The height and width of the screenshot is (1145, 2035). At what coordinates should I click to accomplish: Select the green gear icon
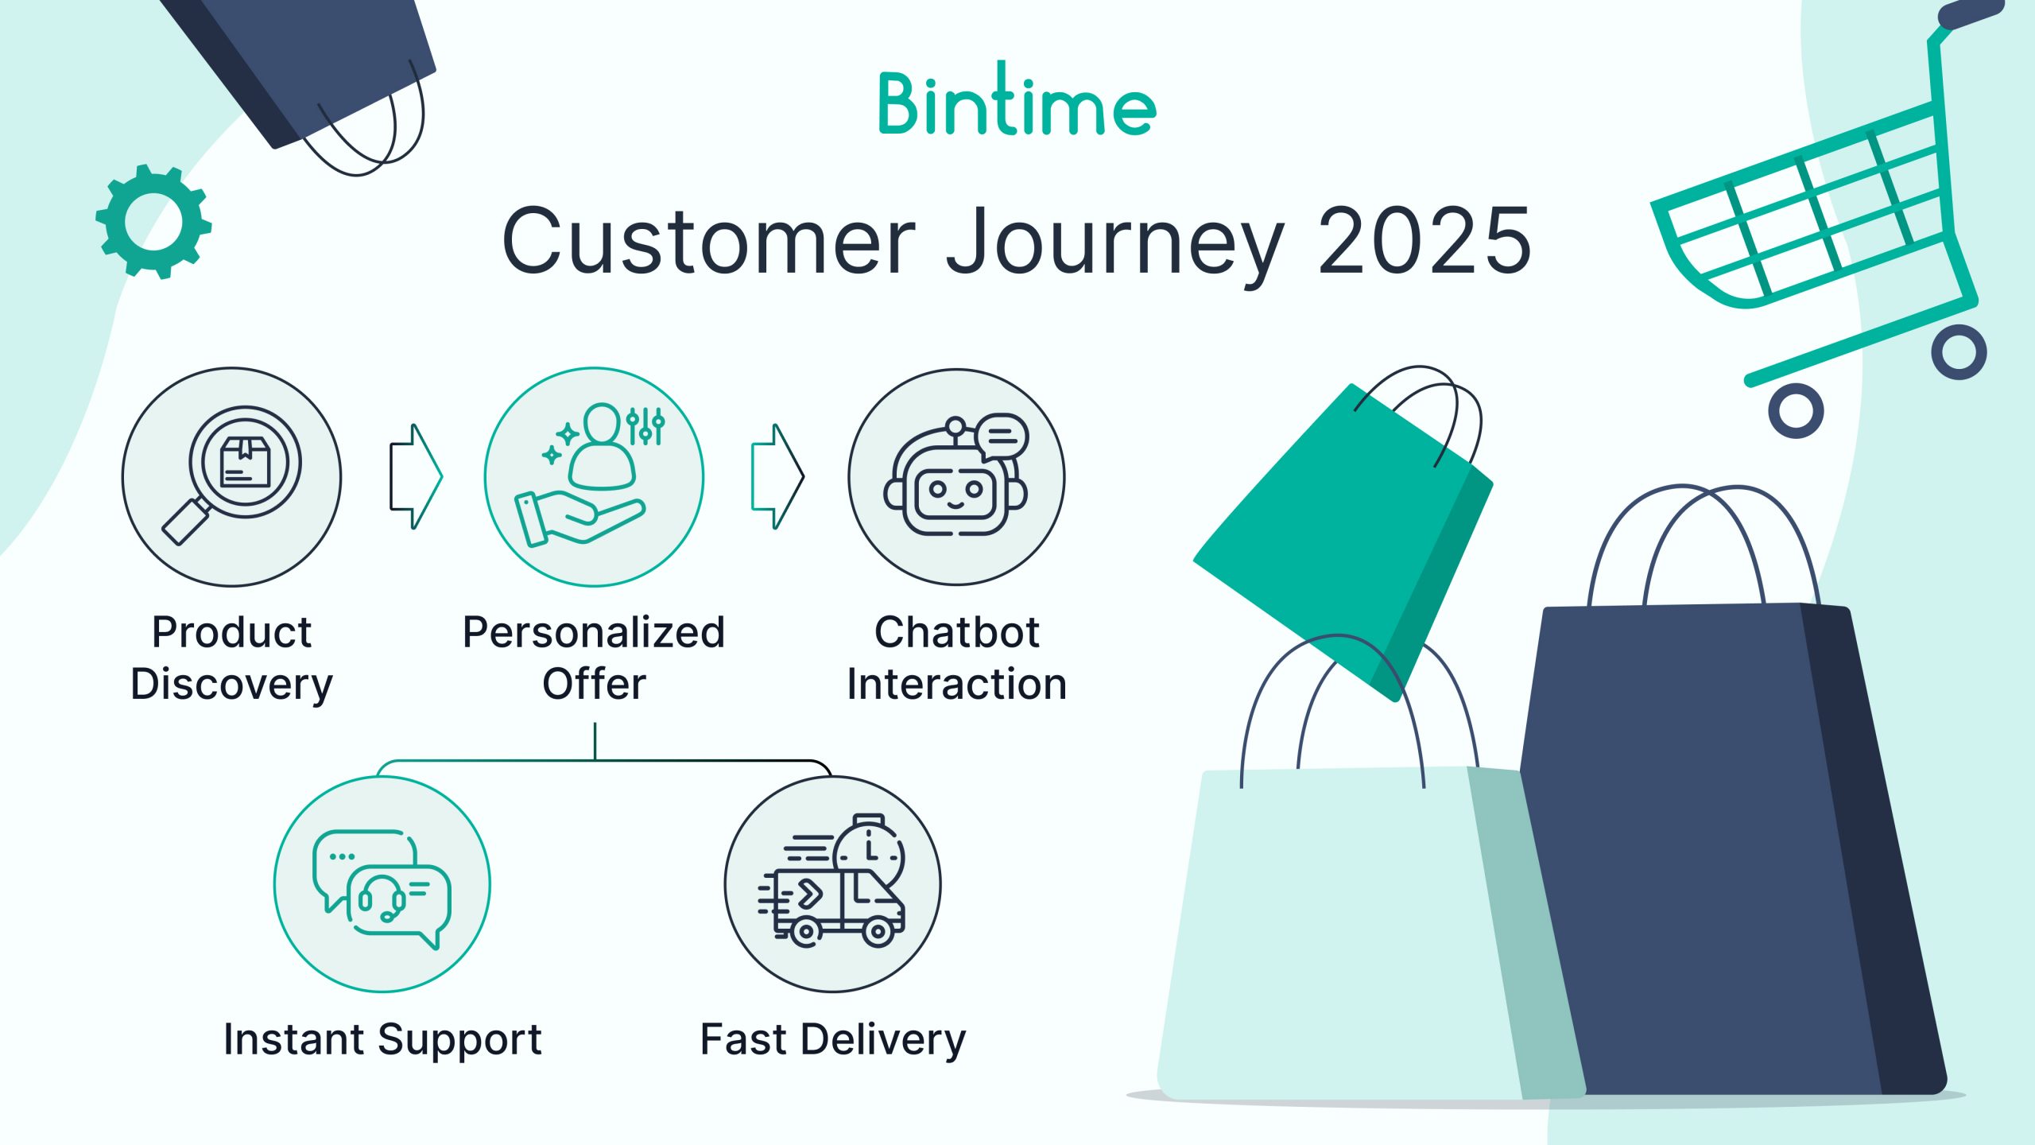click(x=153, y=222)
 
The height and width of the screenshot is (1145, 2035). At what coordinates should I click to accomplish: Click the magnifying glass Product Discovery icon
click(x=231, y=476)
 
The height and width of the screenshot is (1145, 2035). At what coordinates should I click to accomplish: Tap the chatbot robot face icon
click(x=956, y=476)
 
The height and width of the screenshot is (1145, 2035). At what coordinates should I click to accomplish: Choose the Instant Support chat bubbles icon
click(x=382, y=889)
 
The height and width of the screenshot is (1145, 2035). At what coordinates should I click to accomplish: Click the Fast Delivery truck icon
click(x=831, y=881)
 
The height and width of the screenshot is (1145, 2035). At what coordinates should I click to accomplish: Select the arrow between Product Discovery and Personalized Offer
click(x=416, y=476)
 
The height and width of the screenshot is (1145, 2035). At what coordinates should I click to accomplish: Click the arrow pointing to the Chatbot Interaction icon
click(x=777, y=476)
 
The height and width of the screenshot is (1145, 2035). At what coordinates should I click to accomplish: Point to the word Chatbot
click(x=956, y=632)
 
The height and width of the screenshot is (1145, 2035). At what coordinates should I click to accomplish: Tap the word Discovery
click(x=231, y=685)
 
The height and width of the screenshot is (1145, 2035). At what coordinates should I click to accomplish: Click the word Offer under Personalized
click(x=594, y=684)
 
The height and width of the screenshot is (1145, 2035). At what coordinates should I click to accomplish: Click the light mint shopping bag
click(x=1351, y=930)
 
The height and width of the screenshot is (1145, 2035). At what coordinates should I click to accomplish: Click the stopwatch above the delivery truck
click(x=870, y=851)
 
